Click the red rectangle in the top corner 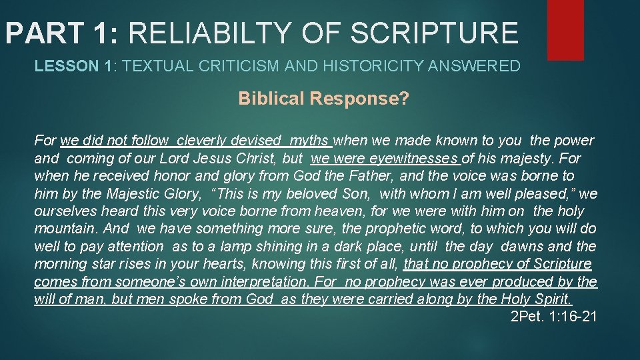(565, 29)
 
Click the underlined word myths (310, 141)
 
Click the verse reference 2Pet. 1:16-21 (553, 316)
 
